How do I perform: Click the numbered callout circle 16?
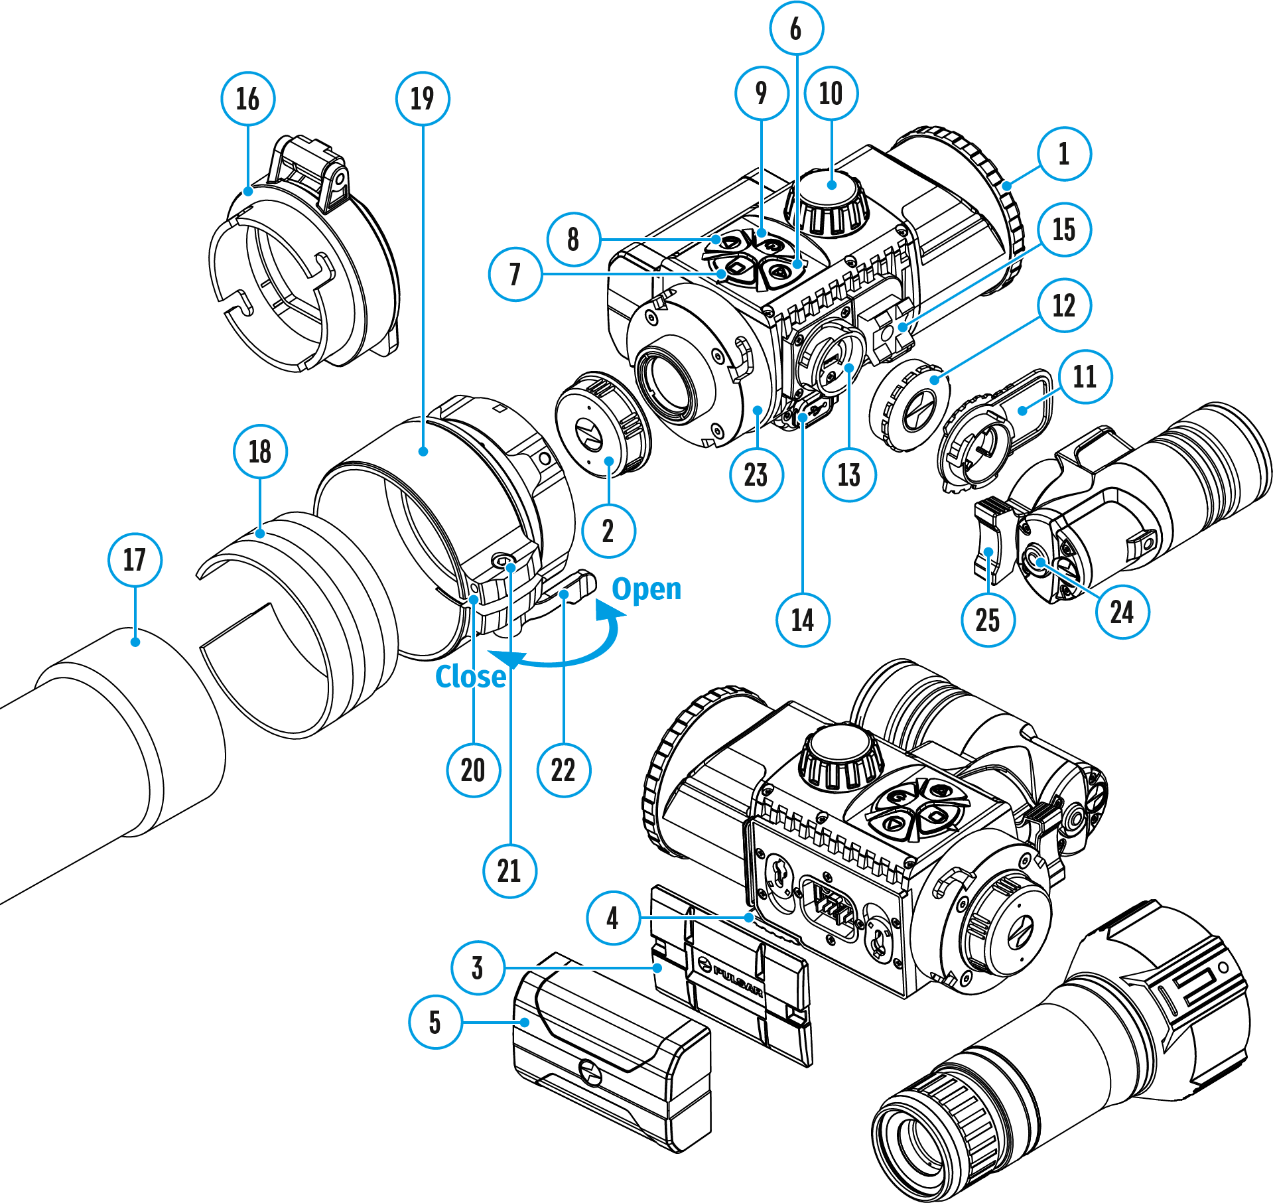point(247,99)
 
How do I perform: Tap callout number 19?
point(423,99)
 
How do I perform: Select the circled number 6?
point(796,29)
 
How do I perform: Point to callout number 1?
point(1064,154)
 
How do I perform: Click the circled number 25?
point(988,620)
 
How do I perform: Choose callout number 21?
point(509,871)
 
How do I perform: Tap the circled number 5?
point(435,1022)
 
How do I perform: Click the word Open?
point(646,589)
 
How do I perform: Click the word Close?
point(470,677)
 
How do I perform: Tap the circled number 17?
point(135,559)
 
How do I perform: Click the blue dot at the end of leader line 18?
point(261,533)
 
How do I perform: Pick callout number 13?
point(849,475)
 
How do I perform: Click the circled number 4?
point(613,918)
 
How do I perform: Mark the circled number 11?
point(1085,377)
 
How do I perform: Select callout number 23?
point(756,475)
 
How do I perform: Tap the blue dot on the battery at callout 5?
point(525,1022)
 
